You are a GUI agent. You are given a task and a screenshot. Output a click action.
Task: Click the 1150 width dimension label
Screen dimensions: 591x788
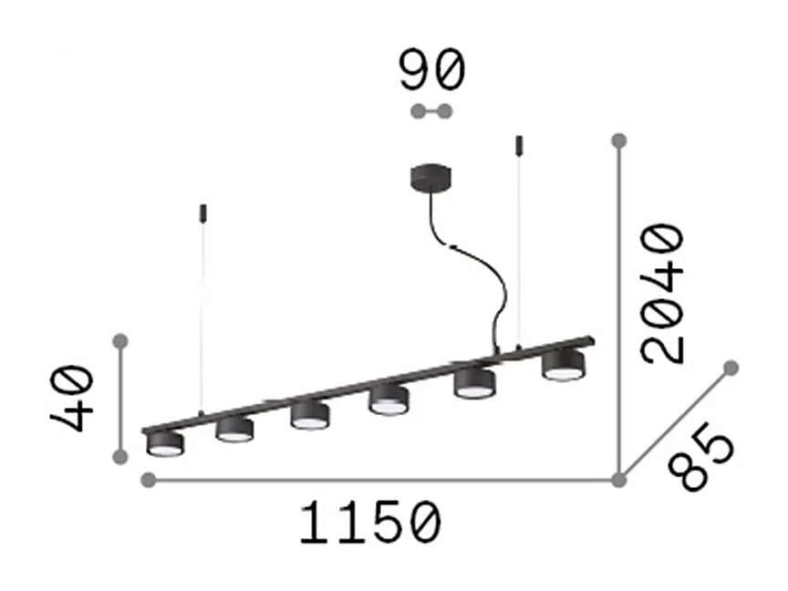[370, 524]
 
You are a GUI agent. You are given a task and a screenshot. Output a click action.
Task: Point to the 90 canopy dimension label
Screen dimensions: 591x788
[431, 71]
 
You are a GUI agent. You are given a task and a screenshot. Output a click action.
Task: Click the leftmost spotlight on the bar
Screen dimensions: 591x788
[165, 443]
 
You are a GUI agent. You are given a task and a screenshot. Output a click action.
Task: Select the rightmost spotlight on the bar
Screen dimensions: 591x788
[563, 364]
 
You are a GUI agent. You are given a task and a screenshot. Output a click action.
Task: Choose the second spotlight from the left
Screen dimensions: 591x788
[234, 430]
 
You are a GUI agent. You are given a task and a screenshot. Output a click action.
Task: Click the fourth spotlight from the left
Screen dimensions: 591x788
[389, 399]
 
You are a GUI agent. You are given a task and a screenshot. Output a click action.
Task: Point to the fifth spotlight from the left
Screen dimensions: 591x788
[475, 382]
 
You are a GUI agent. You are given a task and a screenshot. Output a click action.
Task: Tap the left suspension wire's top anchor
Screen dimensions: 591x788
[202, 213]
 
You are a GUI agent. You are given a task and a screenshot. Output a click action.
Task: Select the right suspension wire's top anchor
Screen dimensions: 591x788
[520, 143]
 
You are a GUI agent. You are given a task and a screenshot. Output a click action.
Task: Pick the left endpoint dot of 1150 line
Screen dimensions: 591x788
[149, 480]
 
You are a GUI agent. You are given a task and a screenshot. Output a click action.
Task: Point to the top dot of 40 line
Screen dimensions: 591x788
[119, 341]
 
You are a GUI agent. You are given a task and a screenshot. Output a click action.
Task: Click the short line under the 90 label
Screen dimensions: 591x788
[431, 112]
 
